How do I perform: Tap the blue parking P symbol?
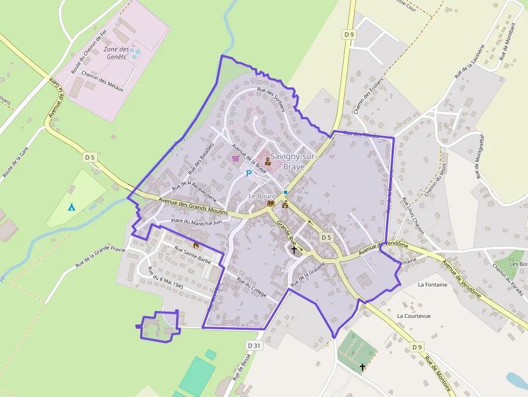248,173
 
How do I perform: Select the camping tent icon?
71,206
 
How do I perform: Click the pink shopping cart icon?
235,158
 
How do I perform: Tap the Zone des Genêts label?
116,53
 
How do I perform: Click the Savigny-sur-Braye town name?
287,161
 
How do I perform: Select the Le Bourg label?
262,196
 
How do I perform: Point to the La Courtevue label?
414,316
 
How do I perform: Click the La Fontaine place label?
433,284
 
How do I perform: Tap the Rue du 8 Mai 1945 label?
165,278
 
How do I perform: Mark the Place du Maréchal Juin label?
196,221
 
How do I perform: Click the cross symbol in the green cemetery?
363,367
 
